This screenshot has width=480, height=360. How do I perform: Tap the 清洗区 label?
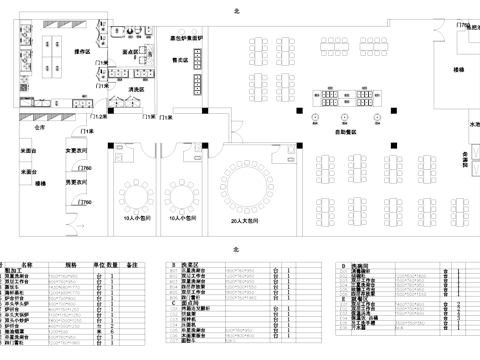point(136,90)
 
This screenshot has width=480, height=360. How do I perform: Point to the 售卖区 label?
point(182,60)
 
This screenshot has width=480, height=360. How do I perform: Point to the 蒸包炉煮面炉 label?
point(189,37)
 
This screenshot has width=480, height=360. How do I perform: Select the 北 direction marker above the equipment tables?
point(237,248)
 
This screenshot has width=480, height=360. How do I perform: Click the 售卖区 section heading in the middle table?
point(187,264)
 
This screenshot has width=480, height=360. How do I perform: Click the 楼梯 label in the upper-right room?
point(459,71)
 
